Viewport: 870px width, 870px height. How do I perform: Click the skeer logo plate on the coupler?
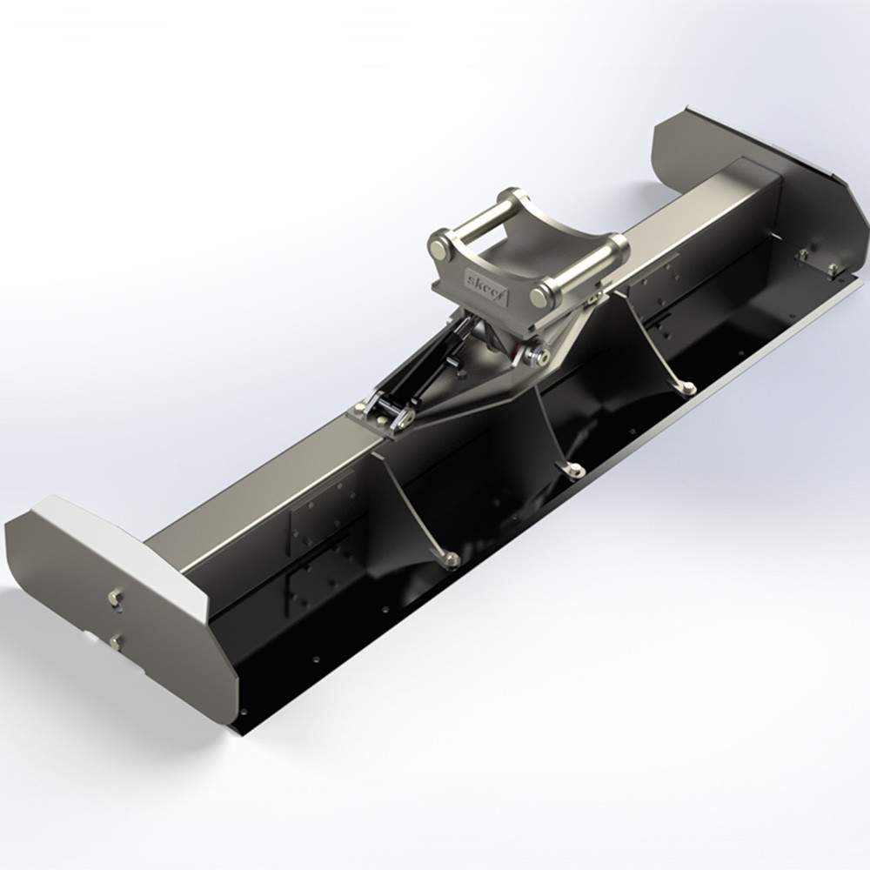(487, 280)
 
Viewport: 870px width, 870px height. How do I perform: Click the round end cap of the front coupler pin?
(540, 297)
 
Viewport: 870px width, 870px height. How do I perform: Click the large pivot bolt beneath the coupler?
(538, 354)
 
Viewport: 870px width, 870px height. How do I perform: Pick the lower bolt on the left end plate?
(115, 642)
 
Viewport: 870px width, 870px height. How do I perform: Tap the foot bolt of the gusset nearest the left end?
(452, 559)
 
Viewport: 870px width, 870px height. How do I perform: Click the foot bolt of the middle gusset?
(575, 471)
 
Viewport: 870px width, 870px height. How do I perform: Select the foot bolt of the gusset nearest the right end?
(687, 388)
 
